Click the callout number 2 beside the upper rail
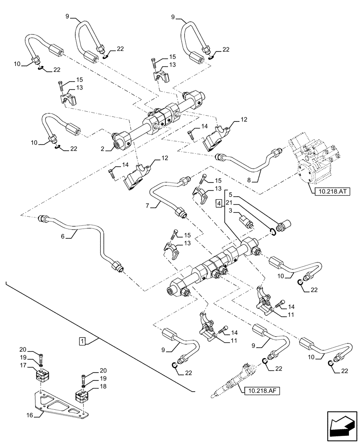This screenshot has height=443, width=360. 103,150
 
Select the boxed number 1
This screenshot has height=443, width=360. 82,341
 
